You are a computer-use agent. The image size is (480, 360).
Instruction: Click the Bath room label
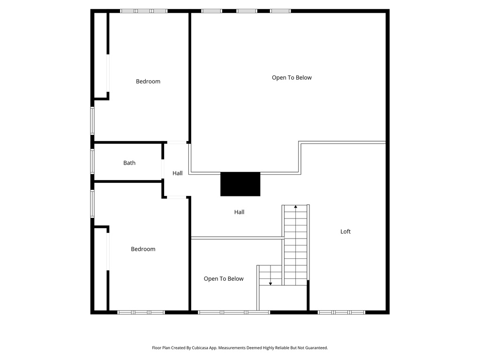[129, 163]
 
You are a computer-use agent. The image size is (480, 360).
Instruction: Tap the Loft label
[345, 232]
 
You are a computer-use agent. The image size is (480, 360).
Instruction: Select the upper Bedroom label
[148, 82]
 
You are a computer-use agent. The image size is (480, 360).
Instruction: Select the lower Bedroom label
[143, 249]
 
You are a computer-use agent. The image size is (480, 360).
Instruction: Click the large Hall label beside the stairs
[239, 212]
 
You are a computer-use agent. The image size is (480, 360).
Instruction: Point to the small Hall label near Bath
[177, 173]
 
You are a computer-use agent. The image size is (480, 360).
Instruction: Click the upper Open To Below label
[292, 78]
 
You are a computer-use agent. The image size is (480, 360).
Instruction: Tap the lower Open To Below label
[224, 279]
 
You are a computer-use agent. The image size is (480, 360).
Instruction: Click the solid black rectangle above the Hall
[240, 184]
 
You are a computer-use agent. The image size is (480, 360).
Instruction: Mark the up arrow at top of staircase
[296, 206]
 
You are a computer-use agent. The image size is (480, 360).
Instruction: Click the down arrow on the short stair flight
[270, 283]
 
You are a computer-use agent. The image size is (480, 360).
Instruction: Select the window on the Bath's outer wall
[92, 161]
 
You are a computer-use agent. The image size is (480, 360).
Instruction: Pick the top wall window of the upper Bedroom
[144, 11]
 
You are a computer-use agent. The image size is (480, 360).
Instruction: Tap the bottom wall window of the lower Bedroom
[141, 312]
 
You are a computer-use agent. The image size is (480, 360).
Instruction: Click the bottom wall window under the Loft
[341, 312]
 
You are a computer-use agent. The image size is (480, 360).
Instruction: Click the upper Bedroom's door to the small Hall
[177, 142]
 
